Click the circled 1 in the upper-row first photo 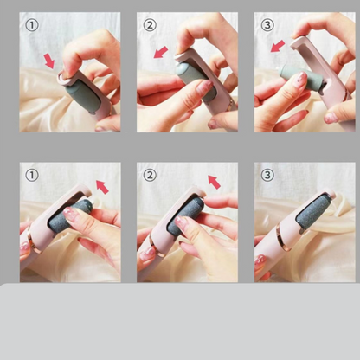(32, 25)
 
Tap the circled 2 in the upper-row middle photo (150, 25)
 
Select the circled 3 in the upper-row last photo (267, 25)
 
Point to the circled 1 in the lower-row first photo (32, 175)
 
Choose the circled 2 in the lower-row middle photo (150, 175)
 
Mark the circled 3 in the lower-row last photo (267, 175)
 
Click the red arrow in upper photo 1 (49, 61)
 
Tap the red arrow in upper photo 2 (161, 52)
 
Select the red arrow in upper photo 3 (278, 46)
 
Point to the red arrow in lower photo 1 (102, 187)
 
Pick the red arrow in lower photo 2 (214, 182)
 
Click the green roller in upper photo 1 (83, 97)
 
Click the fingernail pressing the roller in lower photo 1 (71, 214)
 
